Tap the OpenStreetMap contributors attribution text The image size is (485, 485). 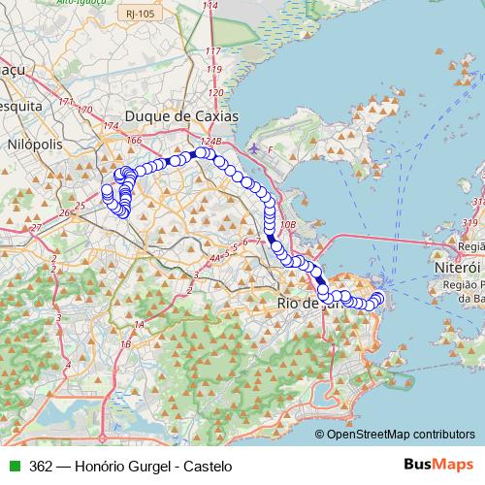click(x=401, y=435)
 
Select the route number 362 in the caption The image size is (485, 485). click(x=42, y=466)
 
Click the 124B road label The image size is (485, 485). click(x=211, y=142)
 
